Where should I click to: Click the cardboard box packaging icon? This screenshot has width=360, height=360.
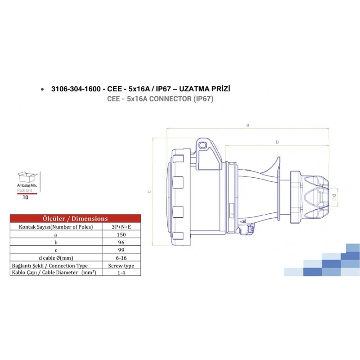pyautogui.click(x=27, y=177)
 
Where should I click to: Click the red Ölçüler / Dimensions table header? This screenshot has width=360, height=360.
pyautogui.click(x=75, y=219)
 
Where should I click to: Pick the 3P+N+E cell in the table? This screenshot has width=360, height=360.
pyautogui.click(x=121, y=227)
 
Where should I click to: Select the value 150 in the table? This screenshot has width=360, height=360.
pyautogui.click(x=121, y=234)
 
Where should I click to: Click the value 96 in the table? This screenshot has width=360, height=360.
pyautogui.click(x=121, y=242)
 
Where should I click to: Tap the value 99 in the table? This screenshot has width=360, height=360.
pyautogui.click(x=121, y=250)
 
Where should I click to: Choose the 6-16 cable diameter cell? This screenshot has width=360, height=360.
pyautogui.click(x=121, y=257)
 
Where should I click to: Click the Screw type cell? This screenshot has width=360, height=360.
pyautogui.click(x=121, y=265)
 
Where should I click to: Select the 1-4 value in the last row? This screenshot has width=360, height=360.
pyautogui.click(x=121, y=273)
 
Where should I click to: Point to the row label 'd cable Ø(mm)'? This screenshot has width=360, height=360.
pyautogui.click(x=56, y=257)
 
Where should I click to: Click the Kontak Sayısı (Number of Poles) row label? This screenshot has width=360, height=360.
pyautogui.click(x=56, y=227)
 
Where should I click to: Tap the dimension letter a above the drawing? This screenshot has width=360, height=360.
pyautogui.click(x=247, y=125)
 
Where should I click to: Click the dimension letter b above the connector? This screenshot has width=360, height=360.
pyautogui.click(x=277, y=142)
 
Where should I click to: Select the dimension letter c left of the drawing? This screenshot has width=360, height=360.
pyautogui.click(x=149, y=192)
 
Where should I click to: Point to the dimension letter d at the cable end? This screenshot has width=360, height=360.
pyautogui.click(x=334, y=196)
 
